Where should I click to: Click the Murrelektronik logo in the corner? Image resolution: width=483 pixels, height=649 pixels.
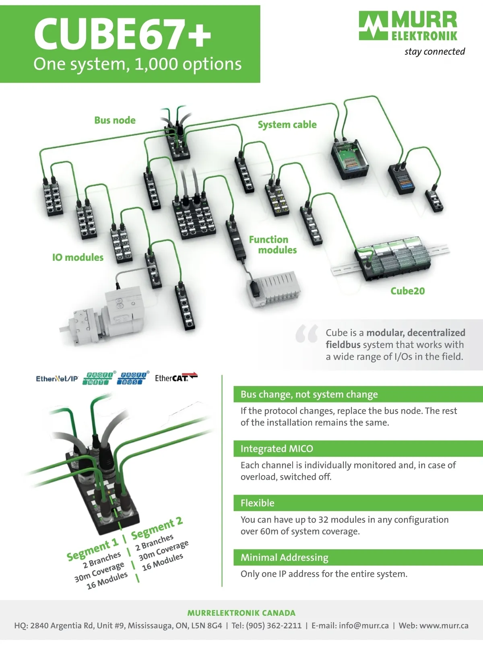pyautogui.click(x=408, y=26)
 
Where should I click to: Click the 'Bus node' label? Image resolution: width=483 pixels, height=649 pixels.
pyautogui.click(x=115, y=120)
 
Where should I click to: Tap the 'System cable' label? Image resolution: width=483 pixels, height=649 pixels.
pyautogui.click(x=287, y=125)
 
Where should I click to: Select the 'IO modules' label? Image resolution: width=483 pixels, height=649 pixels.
pyautogui.click(x=78, y=257)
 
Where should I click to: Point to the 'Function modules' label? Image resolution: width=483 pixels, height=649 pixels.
pyautogui.click(x=273, y=245)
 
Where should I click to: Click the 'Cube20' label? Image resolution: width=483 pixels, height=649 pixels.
pyautogui.click(x=407, y=291)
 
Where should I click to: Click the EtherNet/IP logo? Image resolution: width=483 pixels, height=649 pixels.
pyautogui.click(x=57, y=379)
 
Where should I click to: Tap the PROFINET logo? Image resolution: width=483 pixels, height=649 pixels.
pyautogui.click(x=98, y=378)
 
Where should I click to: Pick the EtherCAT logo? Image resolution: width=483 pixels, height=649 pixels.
pyautogui.click(x=176, y=377)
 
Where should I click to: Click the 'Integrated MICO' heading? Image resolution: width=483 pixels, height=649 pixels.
pyautogui.click(x=277, y=449)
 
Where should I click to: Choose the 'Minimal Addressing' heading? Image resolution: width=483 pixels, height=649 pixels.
pyautogui.click(x=284, y=558)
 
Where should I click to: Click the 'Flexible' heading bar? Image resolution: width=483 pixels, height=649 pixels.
pyautogui.click(x=358, y=503)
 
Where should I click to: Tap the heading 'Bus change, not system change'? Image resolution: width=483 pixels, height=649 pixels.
pyautogui.click(x=309, y=394)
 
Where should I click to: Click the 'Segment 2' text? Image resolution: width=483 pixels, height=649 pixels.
pyautogui.click(x=157, y=528)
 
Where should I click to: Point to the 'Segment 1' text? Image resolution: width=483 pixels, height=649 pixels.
pyautogui.click(x=93, y=550)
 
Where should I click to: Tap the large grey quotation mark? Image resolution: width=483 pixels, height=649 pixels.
pyautogui.click(x=306, y=333)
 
